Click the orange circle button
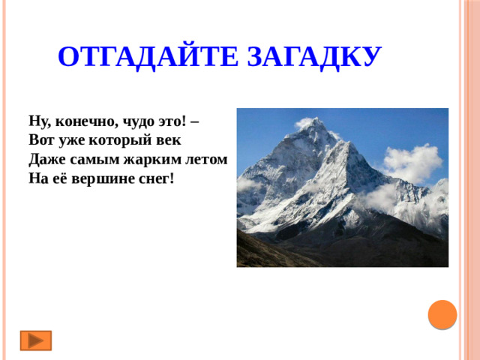[442, 313]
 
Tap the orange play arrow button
[35, 340]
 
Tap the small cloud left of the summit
[305, 122]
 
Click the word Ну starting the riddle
[38, 121]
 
